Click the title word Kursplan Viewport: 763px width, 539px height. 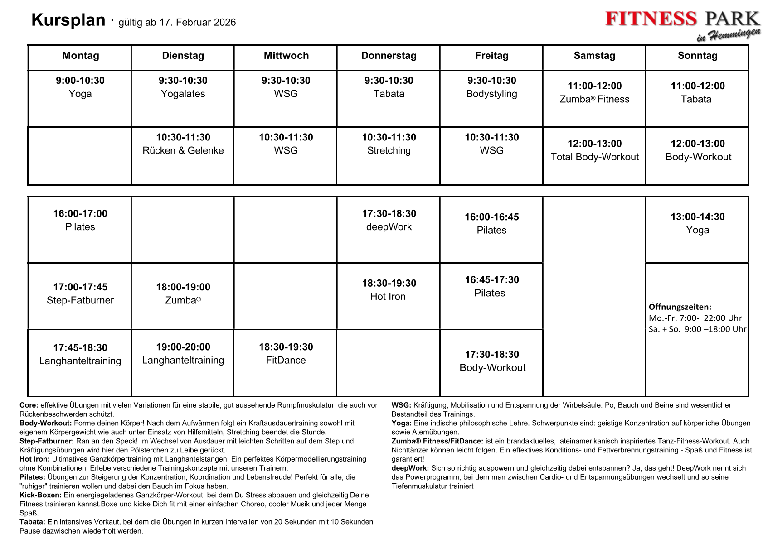(68, 20)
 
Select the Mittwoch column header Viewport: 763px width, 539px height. (286, 56)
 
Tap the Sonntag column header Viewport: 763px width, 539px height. (697, 56)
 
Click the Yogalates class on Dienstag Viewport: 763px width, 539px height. (183, 94)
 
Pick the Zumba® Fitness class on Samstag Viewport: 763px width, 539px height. (594, 99)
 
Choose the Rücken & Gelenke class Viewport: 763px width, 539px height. (183, 150)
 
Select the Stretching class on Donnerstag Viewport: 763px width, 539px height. (389, 150)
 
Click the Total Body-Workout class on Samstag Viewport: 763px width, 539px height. (594, 157)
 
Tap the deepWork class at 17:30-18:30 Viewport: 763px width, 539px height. (389, 227)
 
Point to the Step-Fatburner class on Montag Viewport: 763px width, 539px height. (80, 300)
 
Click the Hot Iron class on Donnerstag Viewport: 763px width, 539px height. (388, 297)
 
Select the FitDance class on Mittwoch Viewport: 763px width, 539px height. (286, 360)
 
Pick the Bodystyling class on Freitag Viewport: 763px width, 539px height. (491, 94)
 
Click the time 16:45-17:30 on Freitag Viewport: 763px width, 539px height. (491, 280)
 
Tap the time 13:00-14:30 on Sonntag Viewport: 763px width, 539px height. (697, 217)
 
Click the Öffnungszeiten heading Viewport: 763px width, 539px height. (680, 307)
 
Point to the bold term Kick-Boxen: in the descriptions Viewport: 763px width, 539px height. (40, 495)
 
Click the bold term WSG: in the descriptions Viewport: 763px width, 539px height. (401, 405)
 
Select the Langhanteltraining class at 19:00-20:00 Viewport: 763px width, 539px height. (183, 360)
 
